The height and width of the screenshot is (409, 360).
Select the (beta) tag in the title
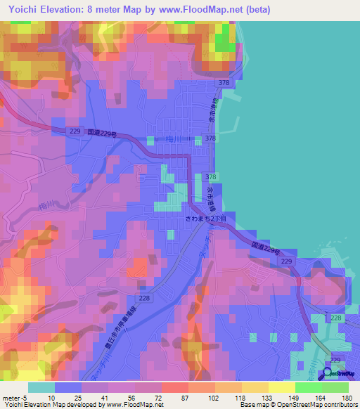(258, 9)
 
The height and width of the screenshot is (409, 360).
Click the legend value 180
(346, 398)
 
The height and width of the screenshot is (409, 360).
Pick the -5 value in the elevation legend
(23, 398)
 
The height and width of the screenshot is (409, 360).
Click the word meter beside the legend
(10, 398)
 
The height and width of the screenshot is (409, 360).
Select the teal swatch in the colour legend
(41, 387)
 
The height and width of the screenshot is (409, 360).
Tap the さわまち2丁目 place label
(201, 219)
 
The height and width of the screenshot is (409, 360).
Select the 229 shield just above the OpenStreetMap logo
(334, 360)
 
